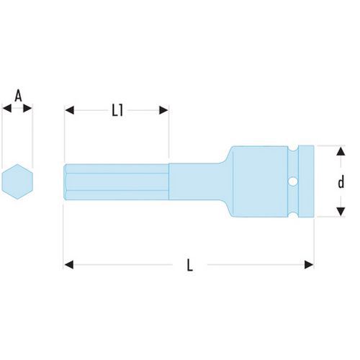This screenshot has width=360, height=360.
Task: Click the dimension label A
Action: tap(18, 96)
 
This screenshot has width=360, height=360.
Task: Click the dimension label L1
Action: tap(117, 111)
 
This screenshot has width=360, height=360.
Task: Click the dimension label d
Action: tap(341, 181)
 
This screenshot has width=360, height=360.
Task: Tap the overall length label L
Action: tap(190, 265)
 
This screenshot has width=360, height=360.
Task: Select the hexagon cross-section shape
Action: tap(17, 181)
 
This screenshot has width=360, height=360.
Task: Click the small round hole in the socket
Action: tap(293, 181)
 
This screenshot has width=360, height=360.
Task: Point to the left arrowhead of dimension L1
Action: tap(69, 110)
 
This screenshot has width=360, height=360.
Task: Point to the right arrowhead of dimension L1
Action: tap(163, 110)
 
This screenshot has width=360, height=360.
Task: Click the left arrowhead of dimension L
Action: tap(69, 265)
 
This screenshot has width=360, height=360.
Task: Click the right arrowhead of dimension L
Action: tap(309, 265)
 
